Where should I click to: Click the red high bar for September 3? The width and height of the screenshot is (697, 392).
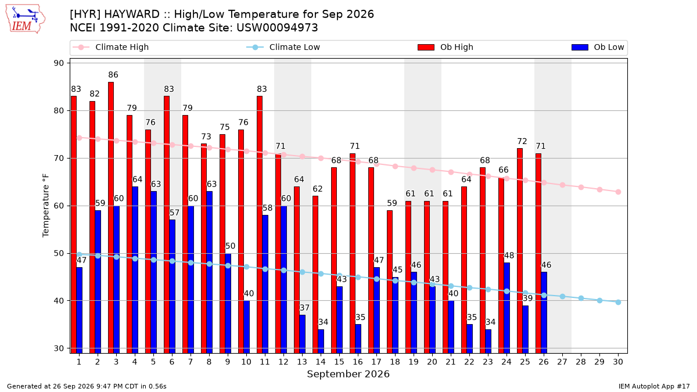pyautogui.click(x=111, y=217)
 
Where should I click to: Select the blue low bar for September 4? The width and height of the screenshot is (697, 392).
pyautogui.click(x=135, y=269)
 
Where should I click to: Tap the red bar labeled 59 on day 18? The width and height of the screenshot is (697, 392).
pyautogui.click(x=390, y=282)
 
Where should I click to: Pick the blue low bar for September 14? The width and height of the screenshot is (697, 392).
pyautogui.click(x=321, y=341)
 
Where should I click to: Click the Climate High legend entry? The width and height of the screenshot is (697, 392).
pyautogui.click(x=110, y=47)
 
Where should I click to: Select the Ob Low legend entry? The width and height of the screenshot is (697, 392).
pyautogui.click(x=598, y=47)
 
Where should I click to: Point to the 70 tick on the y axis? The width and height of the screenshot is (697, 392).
pyautogui.click(x=59, y=159)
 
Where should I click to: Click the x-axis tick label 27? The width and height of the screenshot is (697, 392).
pyautogui.click(x=562, y=362)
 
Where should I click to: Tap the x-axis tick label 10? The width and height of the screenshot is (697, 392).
pyautogui.click(x=246, y=362)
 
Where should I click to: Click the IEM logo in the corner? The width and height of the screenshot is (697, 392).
pyautogui.click(x=25, y=19)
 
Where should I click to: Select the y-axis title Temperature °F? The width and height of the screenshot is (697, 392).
pyautogui.click(x=45, y=206)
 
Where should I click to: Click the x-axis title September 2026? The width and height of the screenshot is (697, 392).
pyautogui.click(x=348, y=374)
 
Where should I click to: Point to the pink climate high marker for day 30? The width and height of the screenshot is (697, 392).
pyautogui.click(x=618, y=192)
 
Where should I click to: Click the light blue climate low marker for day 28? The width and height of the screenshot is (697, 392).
pyautogui.click(x=581, y=298)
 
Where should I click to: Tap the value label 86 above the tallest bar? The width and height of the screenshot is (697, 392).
pyautogui.click(x=113, y=75)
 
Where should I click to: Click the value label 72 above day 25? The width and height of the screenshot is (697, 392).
pyautogui.click(x=522, y=142)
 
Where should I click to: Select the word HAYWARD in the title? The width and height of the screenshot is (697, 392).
pyautogui.click(x=132, y=15)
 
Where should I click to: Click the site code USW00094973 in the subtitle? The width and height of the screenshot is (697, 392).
pyautogui.click(x=277, y=28)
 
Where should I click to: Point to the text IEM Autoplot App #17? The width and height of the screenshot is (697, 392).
pyautogui.click(x=654, y=386)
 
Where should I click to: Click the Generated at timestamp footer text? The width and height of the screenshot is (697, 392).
pyautogui.click(x=87, y=386)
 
